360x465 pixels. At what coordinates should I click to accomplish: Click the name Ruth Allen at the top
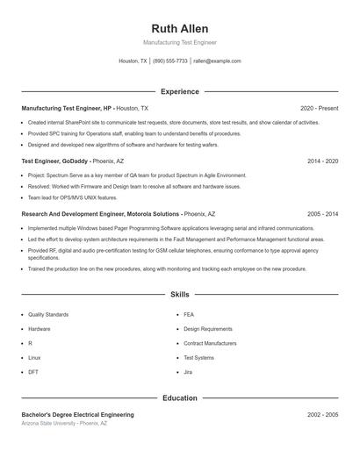click(x=179, y=28)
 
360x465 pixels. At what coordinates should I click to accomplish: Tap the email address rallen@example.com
click(x=217, y=61)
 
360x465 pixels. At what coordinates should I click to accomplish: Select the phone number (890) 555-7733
click(x=170, y=61)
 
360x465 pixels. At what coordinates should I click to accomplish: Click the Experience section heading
click(x=179, y=91)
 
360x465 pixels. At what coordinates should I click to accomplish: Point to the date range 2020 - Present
click(x=319, y=108)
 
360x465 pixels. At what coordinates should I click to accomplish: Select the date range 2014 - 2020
click(x=322, y=161)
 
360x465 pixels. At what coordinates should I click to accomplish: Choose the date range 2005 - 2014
click(x=322, y=214)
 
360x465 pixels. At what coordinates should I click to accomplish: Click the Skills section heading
click(x=179, y=294)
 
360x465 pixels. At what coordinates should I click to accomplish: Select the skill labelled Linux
click(x=34, y=358)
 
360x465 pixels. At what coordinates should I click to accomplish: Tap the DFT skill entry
click(x=33, y=372)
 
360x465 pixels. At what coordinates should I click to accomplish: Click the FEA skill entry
click(x=189, y=314)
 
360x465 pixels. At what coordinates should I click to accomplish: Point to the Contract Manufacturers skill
click(x=210, y=343)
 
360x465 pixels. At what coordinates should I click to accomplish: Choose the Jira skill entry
click(x=189, y=372)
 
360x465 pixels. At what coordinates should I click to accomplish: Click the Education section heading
click(x=179, y=397)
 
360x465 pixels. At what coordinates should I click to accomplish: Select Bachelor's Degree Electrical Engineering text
click(x=78, y=414)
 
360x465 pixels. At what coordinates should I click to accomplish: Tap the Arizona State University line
click(x=64, y=423)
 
